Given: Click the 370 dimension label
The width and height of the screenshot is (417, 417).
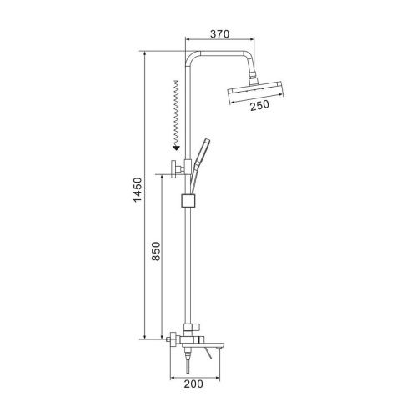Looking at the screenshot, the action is point(220,34).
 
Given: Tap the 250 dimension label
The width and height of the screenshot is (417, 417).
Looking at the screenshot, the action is point(259,105).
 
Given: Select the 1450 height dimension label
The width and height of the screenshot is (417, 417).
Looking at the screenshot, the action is point(138,190).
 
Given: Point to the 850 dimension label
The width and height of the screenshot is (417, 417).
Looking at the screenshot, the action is point(156,251).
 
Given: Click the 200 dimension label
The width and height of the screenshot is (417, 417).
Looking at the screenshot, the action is point(193,384).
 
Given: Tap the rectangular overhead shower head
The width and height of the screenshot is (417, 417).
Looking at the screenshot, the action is point(255,93).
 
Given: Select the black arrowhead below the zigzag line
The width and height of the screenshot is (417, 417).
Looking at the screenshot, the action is point(176,148).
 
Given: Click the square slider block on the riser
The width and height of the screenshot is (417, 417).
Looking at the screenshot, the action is point(189,201).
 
